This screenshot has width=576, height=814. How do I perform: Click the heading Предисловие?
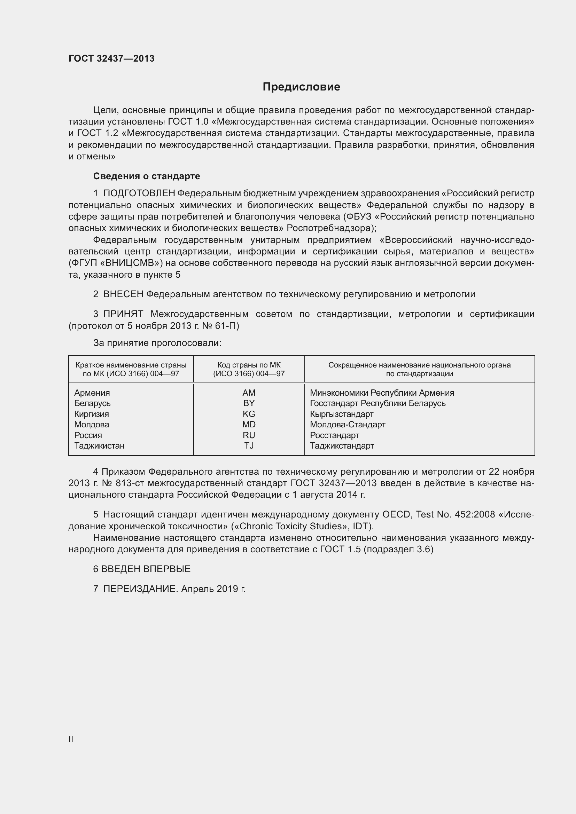click(x=301, y=87)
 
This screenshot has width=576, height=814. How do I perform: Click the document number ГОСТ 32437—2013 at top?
click(x=111, y=58)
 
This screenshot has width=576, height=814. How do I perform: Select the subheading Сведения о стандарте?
click(x=147, y=176)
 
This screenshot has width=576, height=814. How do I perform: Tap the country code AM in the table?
click(x=249, y=393)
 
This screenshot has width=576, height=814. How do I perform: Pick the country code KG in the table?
click(x=249, y=414)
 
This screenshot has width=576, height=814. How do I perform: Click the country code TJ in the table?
click(x=249, y=446)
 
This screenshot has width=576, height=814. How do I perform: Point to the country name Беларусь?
click(x=92, y=403)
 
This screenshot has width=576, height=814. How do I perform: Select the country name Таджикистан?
click(x=99, y=446)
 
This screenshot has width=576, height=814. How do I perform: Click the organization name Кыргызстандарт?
click(x=342, y=414)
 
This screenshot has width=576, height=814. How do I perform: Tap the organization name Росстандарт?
click(x=334, y=435)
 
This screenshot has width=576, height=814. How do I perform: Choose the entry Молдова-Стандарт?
click(x=348, y=424)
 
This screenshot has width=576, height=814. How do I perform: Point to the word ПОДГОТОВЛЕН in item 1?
click(x=139, y=193)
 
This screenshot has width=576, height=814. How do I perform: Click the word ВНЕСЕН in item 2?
click(x=123, y=294)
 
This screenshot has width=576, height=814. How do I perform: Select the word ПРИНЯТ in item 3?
click(x=123, y=314)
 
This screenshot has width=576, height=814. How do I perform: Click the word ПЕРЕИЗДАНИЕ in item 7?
click(x=140, y=589)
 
